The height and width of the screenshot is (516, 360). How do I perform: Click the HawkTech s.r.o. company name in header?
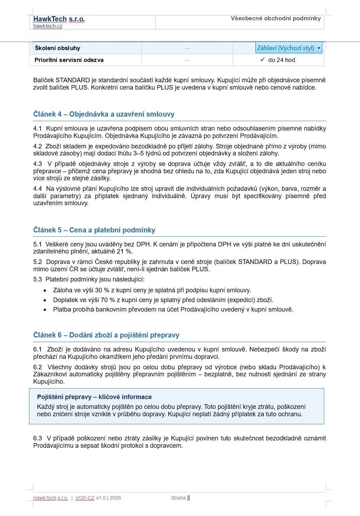click(x=59, y=19)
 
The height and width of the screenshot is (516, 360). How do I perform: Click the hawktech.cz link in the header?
click(x=48, y=26)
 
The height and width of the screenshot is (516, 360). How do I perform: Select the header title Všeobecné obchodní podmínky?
click(x=276, y=18)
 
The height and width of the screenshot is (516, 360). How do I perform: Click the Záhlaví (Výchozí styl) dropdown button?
click(x=289, y=48)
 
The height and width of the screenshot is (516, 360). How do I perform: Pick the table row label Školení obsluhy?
click(x=57, y=48)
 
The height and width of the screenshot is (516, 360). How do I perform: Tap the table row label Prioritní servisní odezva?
click(x=69, y=60)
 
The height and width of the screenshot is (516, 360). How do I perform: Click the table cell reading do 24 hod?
click(x=282, y=60)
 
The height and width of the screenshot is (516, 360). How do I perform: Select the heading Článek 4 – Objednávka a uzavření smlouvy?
click(x=104, y=114)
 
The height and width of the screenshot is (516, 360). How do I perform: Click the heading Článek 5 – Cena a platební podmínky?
click(x=94, y=230)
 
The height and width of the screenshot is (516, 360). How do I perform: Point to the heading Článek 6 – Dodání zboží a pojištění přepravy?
click(x=106, y=335)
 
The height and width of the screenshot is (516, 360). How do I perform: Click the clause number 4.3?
click(x=37, y=164)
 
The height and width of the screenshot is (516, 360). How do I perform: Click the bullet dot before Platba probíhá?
click(x=45, y=310)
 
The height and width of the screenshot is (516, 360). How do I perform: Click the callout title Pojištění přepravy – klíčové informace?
click(x=94, y=397)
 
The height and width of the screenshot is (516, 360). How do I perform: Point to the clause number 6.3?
click(x=37, y=438)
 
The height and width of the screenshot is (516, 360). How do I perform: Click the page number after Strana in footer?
click(x=188, y=498)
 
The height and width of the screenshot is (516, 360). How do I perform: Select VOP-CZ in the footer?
click(x=85, y=498)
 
